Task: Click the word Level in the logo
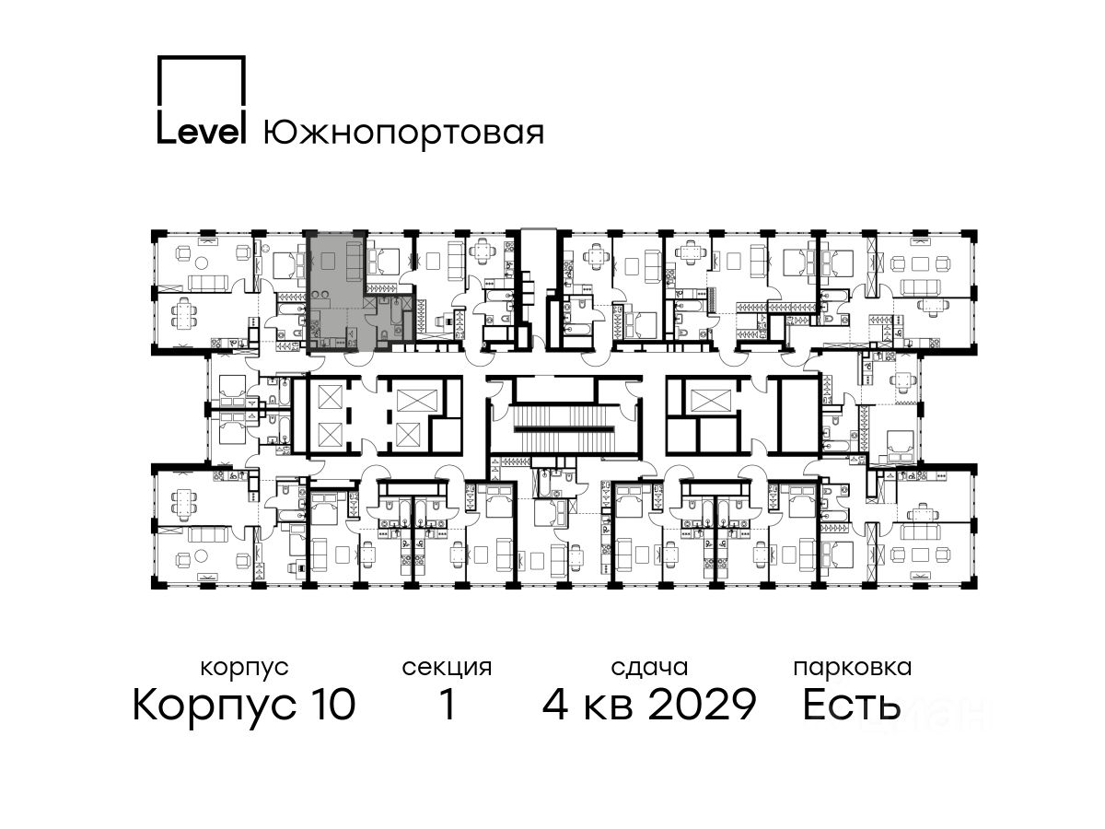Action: click(x=201, y=132)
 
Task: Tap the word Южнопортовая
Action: click(x=403, y=133)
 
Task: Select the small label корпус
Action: click(x=244, y=668)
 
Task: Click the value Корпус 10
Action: click(x=244, y=705)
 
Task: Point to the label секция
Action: click(x=447, y=668)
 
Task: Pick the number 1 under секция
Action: click(x=448, y=704)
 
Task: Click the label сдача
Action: click(x=649, y=668)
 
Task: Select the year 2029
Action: click(x=702, y=704)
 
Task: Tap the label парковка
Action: click(x=853, y=668)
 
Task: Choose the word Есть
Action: click(x=851, y=704)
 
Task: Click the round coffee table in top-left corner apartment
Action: click(x=203, y=263)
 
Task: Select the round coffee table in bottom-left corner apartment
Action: click(x=202, y=555)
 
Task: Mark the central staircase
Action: click(x=564, y=429)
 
